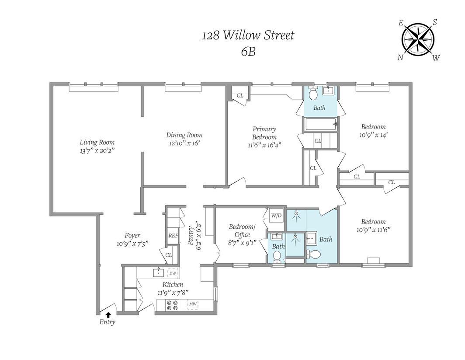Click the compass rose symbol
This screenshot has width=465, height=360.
(x=418, y=40)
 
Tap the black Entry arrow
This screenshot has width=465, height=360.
(x=108, y=315)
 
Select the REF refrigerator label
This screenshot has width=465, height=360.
(x=173, y=236)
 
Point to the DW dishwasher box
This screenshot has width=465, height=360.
(x=173, y=273)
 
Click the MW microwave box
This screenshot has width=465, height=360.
(x=193, y=304)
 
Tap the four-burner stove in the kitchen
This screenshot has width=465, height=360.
(x=173, y=305)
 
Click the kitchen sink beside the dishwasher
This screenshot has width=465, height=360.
(x=159, y=273)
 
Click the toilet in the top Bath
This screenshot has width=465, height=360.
(x=313, y=93)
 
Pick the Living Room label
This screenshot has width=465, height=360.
(x=97, y=142)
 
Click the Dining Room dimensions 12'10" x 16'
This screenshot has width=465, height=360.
(x=184, y=143)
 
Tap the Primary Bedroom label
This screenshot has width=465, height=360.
(x=264, y=133)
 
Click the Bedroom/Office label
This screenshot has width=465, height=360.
(x=242, y=231)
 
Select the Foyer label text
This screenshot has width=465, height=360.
(x=132, y=236)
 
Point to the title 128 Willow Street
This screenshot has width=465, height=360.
(x=248, y=35)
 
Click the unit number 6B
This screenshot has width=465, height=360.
(x=248, y=52)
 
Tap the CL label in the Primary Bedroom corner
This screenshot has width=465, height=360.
(x=240, y=95)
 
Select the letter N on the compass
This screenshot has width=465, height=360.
(x=400, y=58)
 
